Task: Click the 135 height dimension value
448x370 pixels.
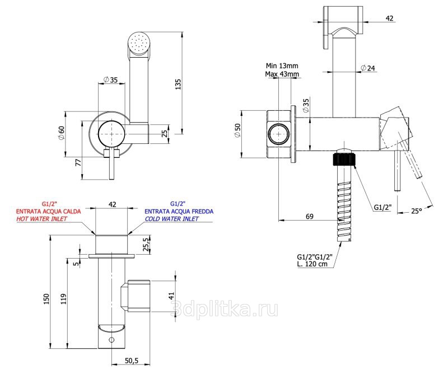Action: tap(178, 84)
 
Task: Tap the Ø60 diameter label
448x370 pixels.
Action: tap(61, 133)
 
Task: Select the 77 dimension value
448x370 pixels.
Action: tap(78, 163)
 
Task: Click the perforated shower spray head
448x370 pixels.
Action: tap(138, 43)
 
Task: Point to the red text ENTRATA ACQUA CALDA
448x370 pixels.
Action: tap(49, 212)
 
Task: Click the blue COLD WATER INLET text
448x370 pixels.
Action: tap(172, 219)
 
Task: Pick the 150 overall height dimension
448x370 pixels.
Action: tap(46, 299)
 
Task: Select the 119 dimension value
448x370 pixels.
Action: tap(63, 299)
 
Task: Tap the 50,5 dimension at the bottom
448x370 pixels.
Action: tap(132, 361)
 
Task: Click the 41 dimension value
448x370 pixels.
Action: tap(171, 296)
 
